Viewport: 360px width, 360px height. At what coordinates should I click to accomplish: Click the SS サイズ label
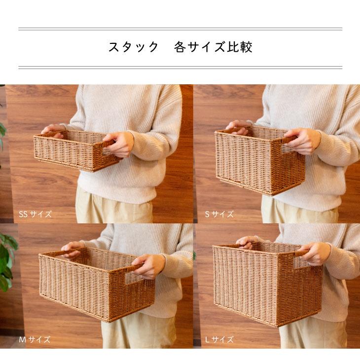tap(35, 215)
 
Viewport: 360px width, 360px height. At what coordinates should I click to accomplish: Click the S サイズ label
tap(219, 215)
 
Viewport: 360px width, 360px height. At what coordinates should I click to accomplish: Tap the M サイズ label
tap(35, 340)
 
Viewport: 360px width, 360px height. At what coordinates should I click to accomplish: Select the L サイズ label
tap(219, 340)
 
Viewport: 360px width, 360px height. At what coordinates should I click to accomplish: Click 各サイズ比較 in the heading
tap(213, 47)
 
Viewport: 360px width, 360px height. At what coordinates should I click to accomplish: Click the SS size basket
tap(74, 150)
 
